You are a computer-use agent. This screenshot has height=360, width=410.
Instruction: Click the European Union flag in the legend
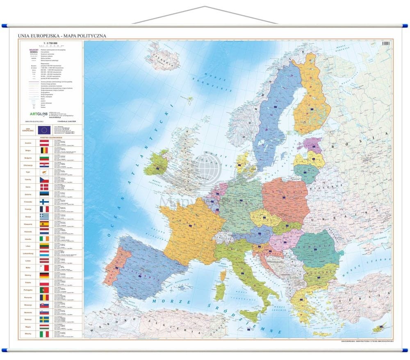point(44,130)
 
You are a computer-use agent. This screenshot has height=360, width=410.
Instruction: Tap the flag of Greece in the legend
point(44,216)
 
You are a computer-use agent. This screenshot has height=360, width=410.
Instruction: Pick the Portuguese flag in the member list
point(44,290)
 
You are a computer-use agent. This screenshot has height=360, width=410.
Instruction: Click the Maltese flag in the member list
point(44,268)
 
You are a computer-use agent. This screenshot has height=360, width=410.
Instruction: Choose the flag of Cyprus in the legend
point(44,173)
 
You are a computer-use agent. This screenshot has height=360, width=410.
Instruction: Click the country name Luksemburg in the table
point(28,253)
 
